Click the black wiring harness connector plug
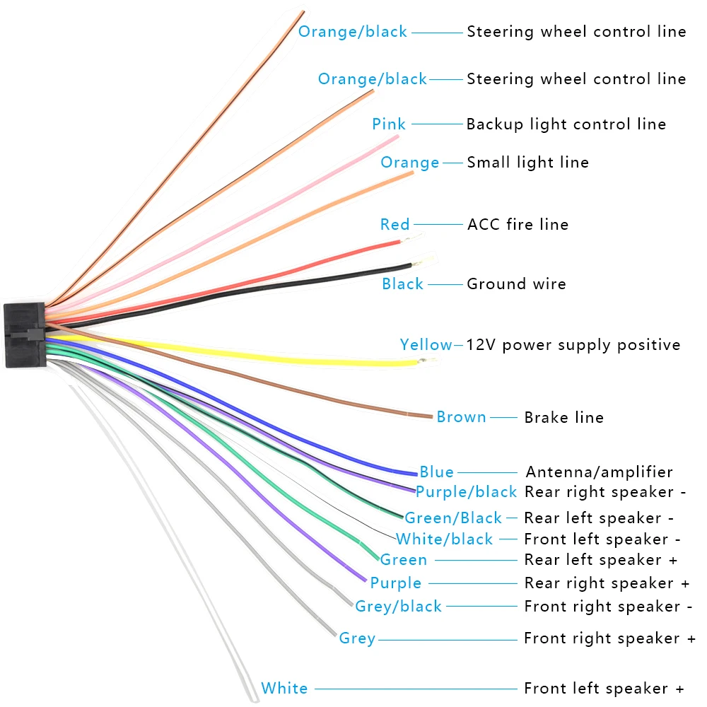(x=25, y=334)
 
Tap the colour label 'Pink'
(x=389, y=124)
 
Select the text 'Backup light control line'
(x=566, y=124)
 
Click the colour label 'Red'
(x=395, y=224)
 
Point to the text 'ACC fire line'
(x=518, y=224)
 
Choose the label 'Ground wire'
(x=516, y=284)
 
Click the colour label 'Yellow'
(x=426, y=344)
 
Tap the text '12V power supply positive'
(x=573, y=345)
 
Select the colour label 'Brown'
(x=461, y=416)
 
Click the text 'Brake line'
(x=563, y=417)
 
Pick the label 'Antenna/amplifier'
(x=600, y=472)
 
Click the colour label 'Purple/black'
(x=466, y=492)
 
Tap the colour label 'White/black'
(x=445, y=539)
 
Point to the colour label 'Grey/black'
(x=398, y=607)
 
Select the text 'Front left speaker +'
(x=604, y=689)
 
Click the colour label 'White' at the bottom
(x=284, y=688)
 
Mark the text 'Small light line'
(x=527, y=162)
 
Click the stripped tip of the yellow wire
(x=428, y=361)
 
